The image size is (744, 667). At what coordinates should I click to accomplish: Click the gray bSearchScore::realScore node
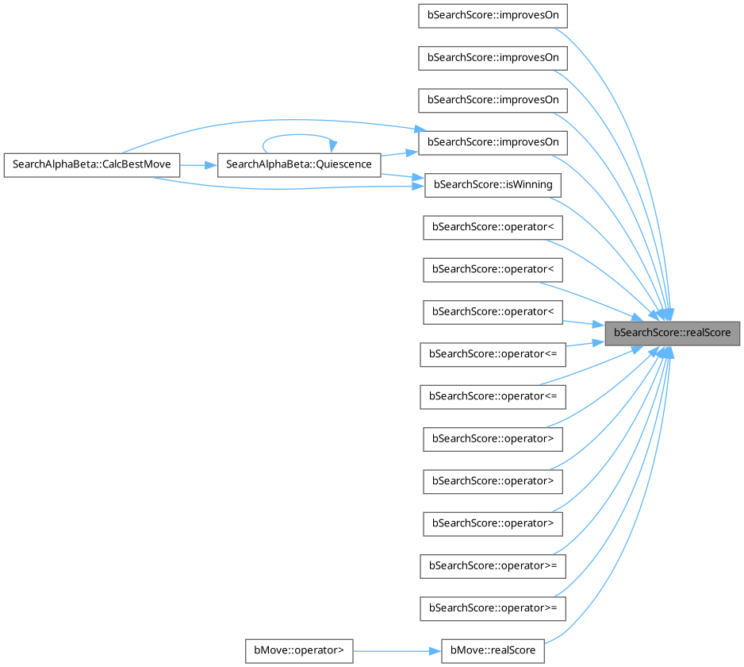point(672,333)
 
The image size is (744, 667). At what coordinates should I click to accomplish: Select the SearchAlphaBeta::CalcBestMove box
point(92,165)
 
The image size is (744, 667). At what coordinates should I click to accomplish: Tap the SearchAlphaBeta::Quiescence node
point(298,165)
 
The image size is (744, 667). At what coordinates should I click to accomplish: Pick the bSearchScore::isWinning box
point(493,185)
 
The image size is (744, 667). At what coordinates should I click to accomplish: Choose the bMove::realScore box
point(493,650)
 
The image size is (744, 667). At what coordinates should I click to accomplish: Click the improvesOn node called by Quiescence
point(493,142)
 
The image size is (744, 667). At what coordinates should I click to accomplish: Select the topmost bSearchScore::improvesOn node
point(493,17)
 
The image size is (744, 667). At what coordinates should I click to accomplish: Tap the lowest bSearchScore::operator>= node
point(493,608)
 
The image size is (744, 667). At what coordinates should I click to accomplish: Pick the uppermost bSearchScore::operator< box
point(493,227)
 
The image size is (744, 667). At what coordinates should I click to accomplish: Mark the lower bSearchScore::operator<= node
point(493,395)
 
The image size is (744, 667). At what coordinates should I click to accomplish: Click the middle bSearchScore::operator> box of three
point(493,480)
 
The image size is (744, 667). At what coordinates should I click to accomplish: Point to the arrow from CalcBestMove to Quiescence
point(198,165)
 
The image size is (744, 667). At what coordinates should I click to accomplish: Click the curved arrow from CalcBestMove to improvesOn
point(262,122)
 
